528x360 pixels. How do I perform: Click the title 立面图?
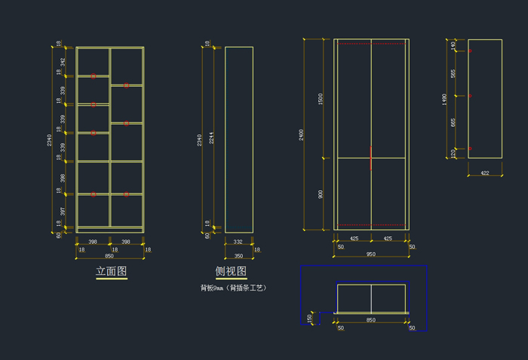pyautogui.click(x=112, y=271)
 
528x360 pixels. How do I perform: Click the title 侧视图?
pyautogui.click(x=231, y=271)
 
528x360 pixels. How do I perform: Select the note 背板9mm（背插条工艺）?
pyautogui.click(x=234, y=288)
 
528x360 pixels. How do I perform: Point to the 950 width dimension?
pyautogui.click(x=371, y=254)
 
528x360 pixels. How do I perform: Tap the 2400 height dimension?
pyautogui.click(x=302, y=134)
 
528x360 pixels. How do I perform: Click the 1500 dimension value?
pyautogui.click(x=321, y=98)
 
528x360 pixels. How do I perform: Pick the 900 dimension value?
pyautogui.click(x=321, y=194)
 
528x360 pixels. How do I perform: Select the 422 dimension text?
pyautogui.click(x=485, y=173)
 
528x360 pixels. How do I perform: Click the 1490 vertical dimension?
pyautogui.click(x=445, y=99)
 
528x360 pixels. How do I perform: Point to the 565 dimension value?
pyautogui.click(x=453, y=73)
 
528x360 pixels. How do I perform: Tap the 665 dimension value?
pyautogui.click(x=453, y=122)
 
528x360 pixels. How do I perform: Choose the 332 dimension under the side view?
pyautogui.click(x=238, y=242)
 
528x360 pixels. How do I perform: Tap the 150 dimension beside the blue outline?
pyautogui.click(x=309, y=318)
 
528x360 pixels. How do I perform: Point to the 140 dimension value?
pyautogui.click(x=453, y=45)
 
